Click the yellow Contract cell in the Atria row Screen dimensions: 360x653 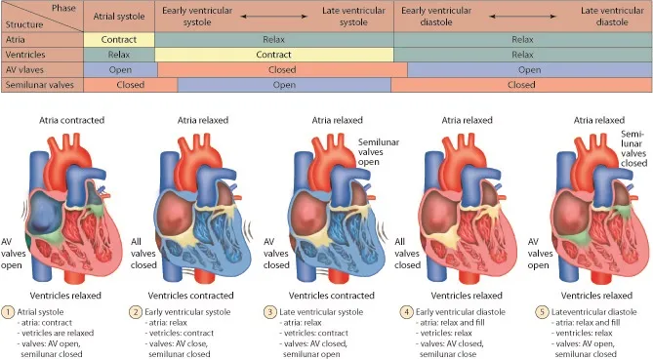pyautogui.click(x=118, y=40)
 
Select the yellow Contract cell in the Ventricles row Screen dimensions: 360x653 pyautogui.click(x=274, y=56)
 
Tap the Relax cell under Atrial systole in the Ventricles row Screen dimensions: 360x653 pyautogui.click(x=118, y=56)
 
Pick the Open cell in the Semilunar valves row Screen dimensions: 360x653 pyautogui.click(x=284, y=85)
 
